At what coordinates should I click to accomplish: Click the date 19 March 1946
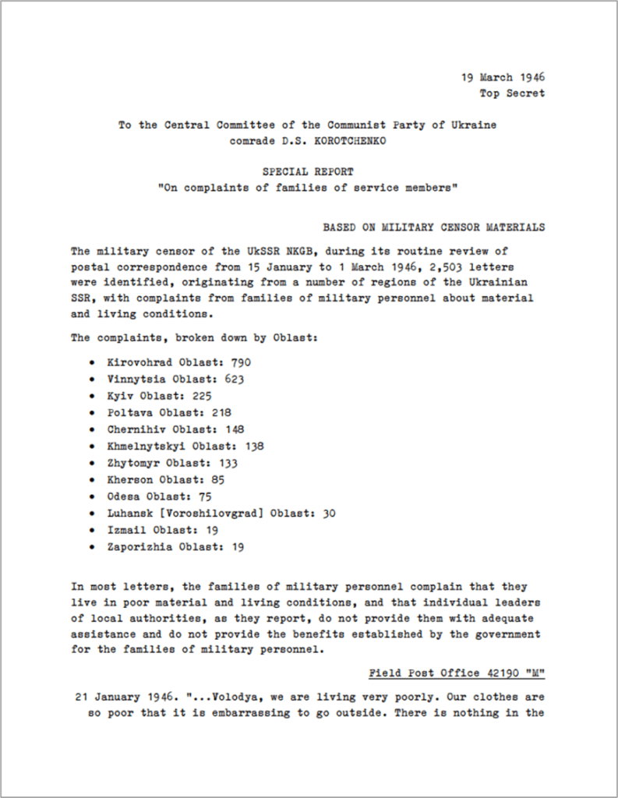(x=503, y=77)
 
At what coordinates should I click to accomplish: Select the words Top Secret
(x=512, y=94)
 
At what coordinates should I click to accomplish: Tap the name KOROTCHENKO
(x=354, y=142)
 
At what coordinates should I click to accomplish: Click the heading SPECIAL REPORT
(x=307, y=171)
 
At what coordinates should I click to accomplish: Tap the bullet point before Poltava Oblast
(x=93, y=412)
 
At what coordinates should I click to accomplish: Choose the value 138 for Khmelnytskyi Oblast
(x=253, y=446)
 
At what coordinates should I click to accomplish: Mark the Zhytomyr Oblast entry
(x=173, y=463)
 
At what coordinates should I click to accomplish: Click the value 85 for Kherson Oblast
(x=217, y=479)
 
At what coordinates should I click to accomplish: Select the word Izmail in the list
(x=128, y=530)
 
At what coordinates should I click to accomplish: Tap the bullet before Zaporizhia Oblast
(x=93, y=546)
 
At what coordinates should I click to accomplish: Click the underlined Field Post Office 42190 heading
(x=457, y=672)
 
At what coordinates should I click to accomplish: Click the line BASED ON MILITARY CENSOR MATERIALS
(x=433, y=227)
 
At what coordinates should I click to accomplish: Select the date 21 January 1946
(x=118, y=696)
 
